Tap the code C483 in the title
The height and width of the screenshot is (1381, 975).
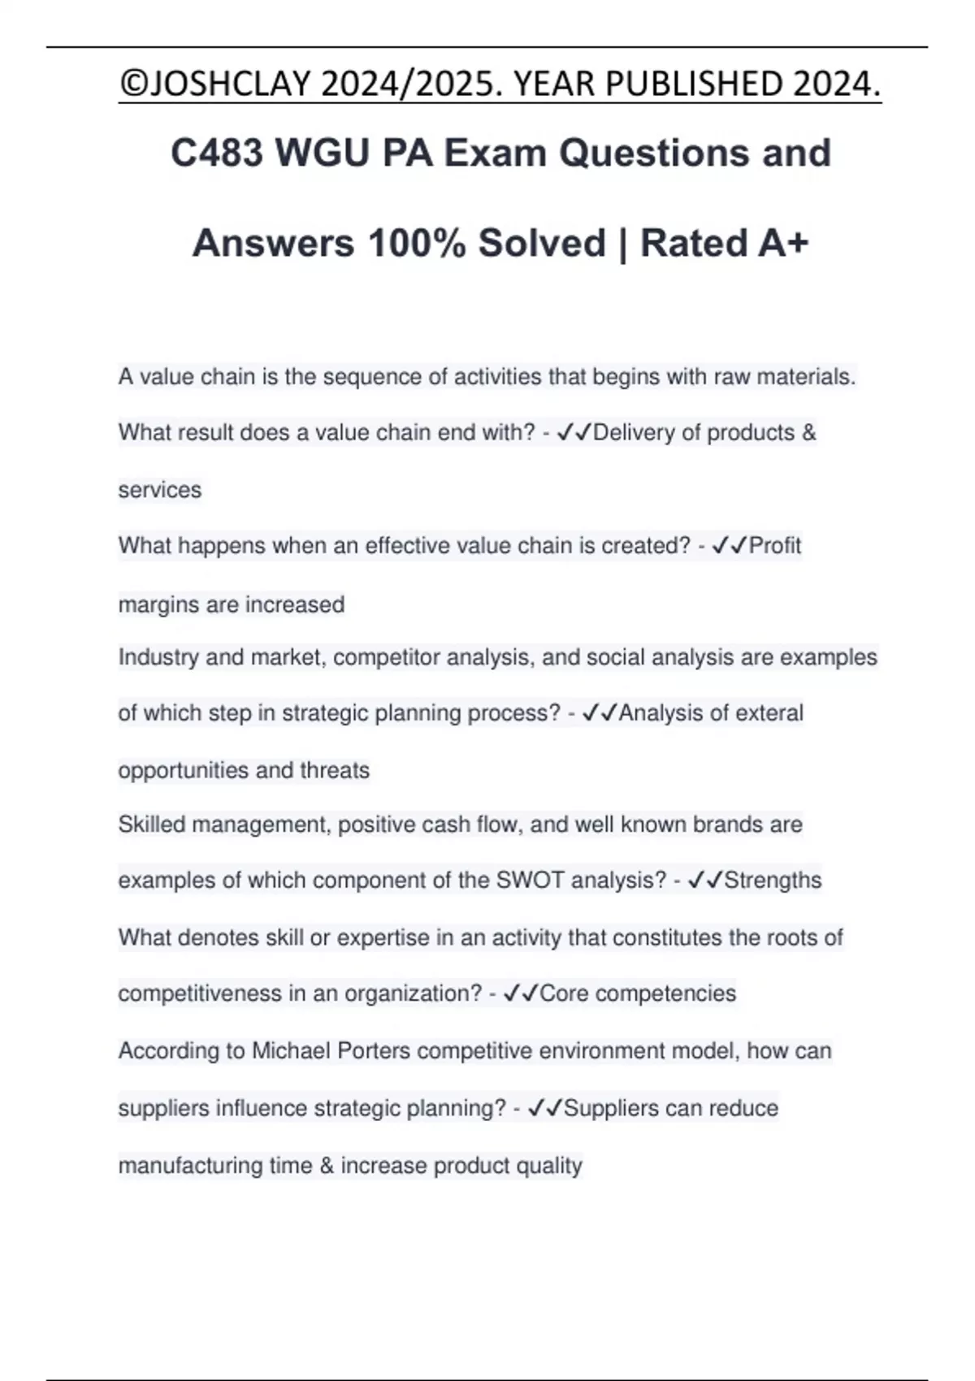(215, 153)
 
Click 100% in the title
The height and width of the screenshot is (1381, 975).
(417, 243)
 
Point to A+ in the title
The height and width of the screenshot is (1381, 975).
(783, 243)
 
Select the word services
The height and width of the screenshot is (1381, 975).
(160, 490)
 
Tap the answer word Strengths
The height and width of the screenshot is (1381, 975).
(773, 880)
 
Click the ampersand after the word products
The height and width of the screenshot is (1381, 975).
(808, 432)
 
